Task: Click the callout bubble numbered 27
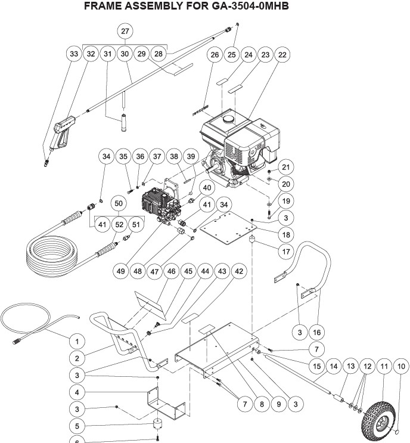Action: (x=125, y=30)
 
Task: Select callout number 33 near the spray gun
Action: (x=73, y=54)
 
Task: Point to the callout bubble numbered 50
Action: (x=119, y=203)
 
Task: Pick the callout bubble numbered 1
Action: (x=76, y=341)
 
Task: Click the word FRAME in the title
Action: (x=104, y=8)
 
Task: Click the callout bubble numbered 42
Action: (x=239, y=271)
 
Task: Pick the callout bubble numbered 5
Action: (x=76, y=426)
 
